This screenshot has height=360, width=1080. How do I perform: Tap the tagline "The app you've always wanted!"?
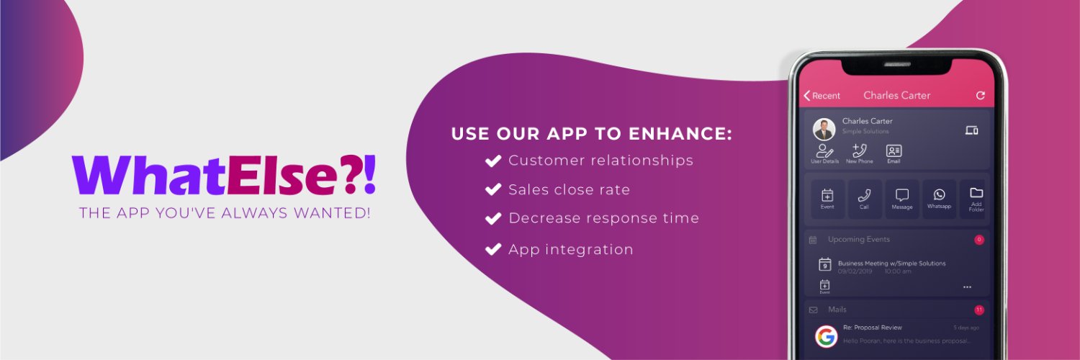225,213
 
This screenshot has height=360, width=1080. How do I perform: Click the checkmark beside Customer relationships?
493,161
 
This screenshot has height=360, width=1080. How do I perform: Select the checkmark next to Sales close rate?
493,190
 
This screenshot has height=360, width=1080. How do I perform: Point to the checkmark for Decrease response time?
493,218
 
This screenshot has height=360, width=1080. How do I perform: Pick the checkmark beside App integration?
493,250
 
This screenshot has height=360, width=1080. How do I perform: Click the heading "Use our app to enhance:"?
591,134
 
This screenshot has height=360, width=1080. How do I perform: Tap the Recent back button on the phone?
822,96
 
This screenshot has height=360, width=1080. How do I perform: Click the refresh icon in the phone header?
980,96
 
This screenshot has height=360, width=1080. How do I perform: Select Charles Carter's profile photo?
824,130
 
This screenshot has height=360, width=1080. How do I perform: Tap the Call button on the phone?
865,199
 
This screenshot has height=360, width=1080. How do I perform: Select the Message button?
902,199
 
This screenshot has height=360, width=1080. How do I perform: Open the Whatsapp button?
939,199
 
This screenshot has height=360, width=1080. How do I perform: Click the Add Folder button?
976,199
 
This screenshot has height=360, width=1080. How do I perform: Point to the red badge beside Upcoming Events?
979,240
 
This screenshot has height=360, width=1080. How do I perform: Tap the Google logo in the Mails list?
826,336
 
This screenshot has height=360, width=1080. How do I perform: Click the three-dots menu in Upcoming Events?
967,287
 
